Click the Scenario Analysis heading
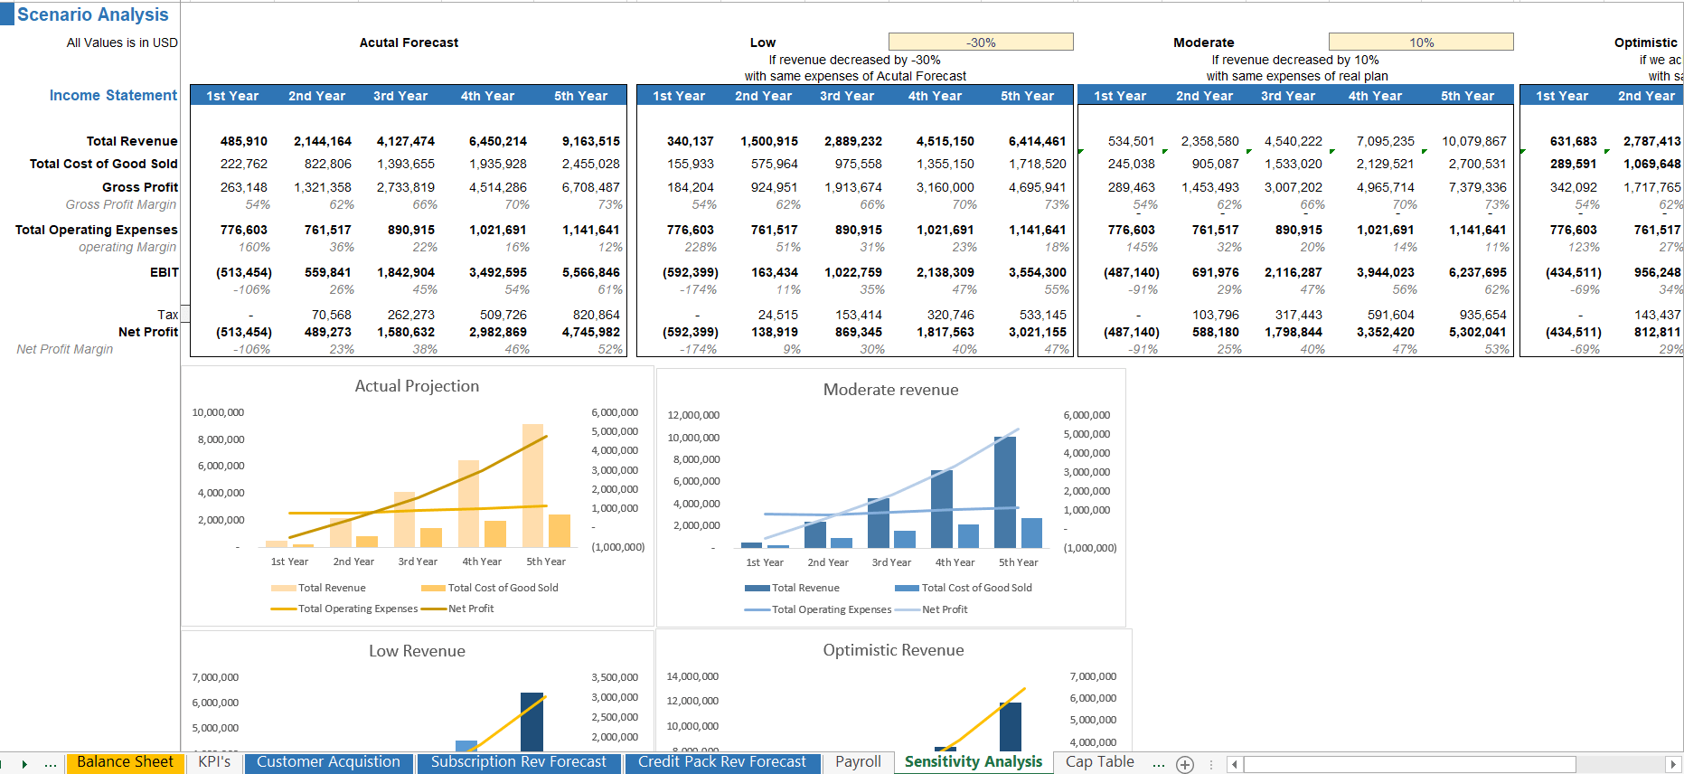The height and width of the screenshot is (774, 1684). coord(92,14)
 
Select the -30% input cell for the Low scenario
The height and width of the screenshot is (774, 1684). coord(981,42)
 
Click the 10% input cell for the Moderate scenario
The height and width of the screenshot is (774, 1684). coord(1421,42)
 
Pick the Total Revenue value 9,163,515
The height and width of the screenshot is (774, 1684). coord(590,141)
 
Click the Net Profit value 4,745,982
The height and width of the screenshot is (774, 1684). coord(590,332)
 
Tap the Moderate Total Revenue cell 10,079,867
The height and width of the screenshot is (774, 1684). coord(1473,141)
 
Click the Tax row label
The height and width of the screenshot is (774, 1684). coord(167,315)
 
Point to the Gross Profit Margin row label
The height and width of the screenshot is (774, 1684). coord(120,204)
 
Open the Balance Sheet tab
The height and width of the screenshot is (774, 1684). coord(125,762)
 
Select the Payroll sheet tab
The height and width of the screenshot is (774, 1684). coord(857,762)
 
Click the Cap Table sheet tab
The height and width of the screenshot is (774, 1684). coord(1099,762)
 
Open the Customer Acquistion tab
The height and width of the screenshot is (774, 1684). coord(328,762)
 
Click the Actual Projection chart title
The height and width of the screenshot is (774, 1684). coord(417,386)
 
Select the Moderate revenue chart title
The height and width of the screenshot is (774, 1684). coord(890,390)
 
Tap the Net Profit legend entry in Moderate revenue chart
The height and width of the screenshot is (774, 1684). coord(944,609)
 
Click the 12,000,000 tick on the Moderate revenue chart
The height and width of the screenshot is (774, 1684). coord(693,415)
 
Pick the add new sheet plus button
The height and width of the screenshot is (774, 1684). coord(1185,764)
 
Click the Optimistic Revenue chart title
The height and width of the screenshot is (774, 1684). coord(893,650)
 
